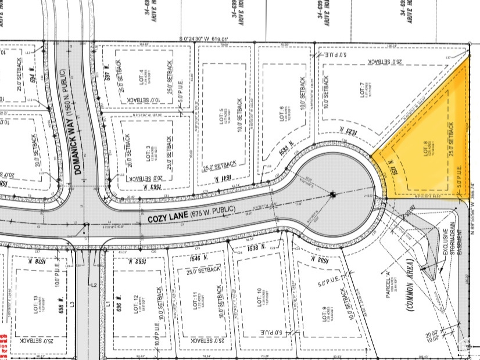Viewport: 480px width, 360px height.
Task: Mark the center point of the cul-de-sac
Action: pyautogui.click(x=333, y=195)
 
